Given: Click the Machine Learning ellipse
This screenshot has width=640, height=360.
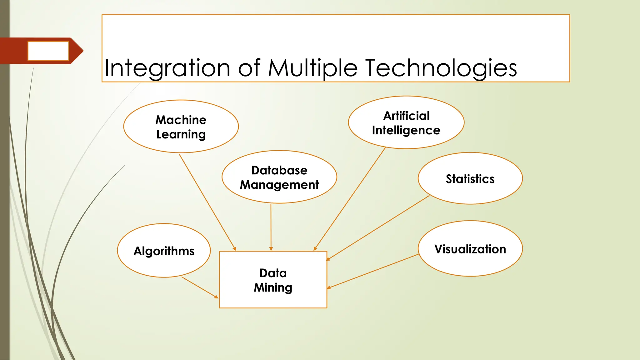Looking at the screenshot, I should tap(181, 127).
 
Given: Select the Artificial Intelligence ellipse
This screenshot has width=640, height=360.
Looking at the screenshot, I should tap(406, 122).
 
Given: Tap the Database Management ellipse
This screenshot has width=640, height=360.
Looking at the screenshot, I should tap(279, 177).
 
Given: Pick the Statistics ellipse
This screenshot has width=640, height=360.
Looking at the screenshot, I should tap(470, 178).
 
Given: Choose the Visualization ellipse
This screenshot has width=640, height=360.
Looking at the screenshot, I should tap(470, 249).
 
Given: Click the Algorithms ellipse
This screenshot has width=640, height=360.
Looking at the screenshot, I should tap(164, 251).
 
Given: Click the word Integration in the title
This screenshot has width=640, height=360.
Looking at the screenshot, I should tap(167, 68).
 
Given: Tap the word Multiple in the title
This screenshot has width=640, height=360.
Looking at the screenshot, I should tap(312, 68).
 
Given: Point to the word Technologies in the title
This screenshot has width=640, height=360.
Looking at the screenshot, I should tap(441, 68).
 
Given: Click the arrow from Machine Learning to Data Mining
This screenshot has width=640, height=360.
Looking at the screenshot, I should tap(207, 202).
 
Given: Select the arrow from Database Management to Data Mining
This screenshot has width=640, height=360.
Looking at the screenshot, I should tap(271, 227).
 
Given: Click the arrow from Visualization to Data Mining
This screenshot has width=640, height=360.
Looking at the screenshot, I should tap(373, 271).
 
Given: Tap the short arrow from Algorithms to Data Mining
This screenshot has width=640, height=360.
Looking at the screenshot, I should tap(199, 287).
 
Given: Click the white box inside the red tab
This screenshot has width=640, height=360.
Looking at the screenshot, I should tap(48, 51).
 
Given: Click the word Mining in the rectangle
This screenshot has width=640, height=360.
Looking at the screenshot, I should tap(273, 287).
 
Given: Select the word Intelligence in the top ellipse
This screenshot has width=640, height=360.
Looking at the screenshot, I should tap(406, 130).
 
